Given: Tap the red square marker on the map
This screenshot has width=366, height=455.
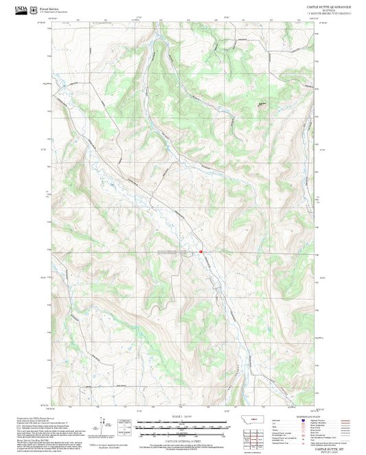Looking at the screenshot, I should pos(201,252).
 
